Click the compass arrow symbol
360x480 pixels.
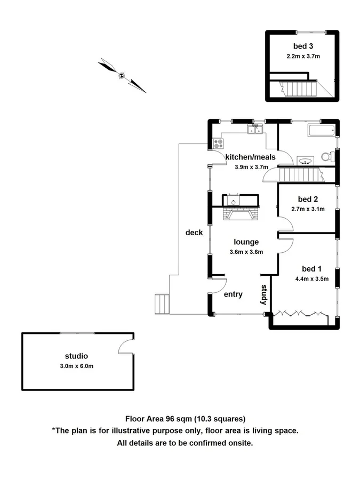pos(122,76)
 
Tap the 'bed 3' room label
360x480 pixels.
pos(302,46)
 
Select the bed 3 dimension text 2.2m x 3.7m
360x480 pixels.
pos(302,55)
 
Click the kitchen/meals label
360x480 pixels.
pos(251,157)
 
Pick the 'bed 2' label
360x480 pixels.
pos(308,199)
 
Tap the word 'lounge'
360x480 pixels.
pos(246,242)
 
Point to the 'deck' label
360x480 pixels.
pos(194,233)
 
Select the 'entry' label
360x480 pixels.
pos(233,294)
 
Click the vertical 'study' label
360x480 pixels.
pos(263,295)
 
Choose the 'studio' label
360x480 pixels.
pos(76,356)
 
